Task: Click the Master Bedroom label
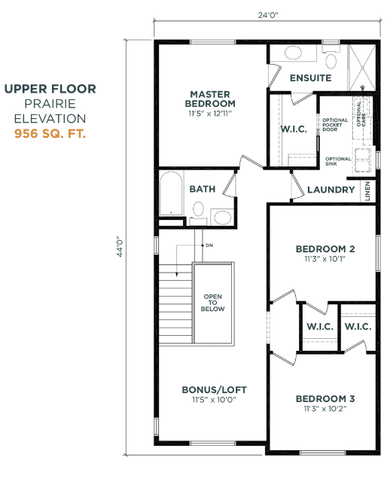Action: click(x=212, y=99)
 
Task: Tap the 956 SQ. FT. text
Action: click(x=50, y=134)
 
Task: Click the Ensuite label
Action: click(x=310, y=78)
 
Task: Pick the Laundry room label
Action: click(x=331, y=190)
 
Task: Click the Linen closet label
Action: click(x=367, y=190)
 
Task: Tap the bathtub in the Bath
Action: click(x=171, y=194)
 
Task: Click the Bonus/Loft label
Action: click(x=214, y=389)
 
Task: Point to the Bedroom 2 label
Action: click(x=325, y=248)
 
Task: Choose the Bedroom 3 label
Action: click(x=325, y=398)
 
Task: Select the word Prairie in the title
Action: click(x=50, y=103)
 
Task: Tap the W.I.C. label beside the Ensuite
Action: click(x=293, y=129)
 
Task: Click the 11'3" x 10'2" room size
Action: click(x=325, y=410)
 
